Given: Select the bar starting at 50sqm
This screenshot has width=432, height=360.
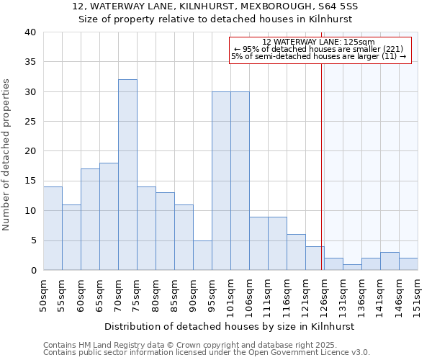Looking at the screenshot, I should (x=53, y=228).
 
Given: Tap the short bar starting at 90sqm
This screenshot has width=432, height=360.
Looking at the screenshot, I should (x=202, y=255).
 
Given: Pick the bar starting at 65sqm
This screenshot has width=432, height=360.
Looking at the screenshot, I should (x=109, y=216).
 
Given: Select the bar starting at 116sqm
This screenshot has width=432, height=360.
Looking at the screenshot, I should (x=296, y=252).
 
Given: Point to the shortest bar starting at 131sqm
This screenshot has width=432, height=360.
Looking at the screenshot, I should (x=352, y=267).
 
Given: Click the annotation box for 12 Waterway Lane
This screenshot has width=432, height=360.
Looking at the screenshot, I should (x=320, y=50).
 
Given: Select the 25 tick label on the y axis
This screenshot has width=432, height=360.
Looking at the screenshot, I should (x=30, y=122).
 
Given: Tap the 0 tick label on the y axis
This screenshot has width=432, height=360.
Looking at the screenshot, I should (x=32, y=271).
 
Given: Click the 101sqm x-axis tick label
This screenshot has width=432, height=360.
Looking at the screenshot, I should (x=230, y=294).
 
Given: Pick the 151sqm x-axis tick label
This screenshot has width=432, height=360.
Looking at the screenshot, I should (x=418, y=294).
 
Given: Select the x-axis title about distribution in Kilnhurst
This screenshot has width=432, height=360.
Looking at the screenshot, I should (x=230, y=326).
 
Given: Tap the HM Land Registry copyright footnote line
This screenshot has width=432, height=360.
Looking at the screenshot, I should (x=184, y=345).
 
